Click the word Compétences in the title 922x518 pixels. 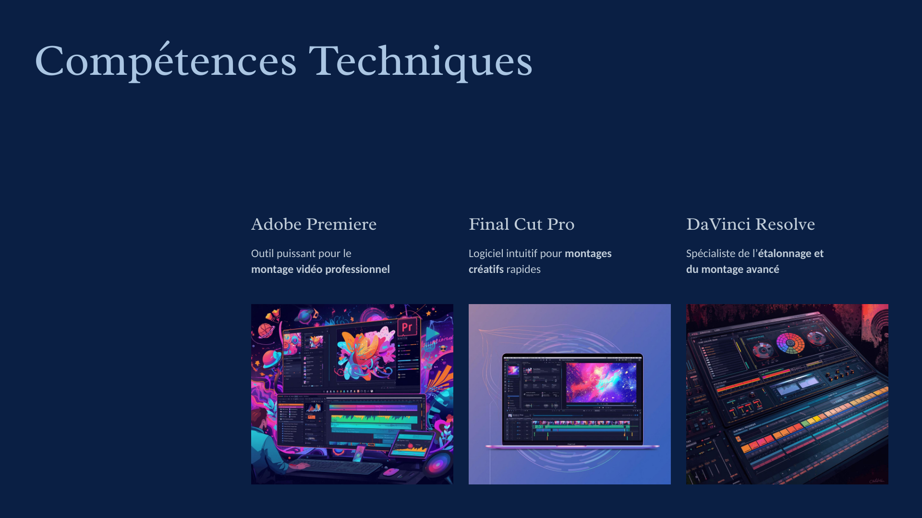[166, 61]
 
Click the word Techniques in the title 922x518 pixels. [421, 61]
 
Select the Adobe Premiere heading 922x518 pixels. [314, 224]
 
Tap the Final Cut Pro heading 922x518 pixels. [522, 224]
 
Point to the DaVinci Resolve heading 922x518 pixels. [751, 224]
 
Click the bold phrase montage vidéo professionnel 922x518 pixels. [320, 269]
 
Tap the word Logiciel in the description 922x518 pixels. [486, 253]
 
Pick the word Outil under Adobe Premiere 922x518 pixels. [262, 253]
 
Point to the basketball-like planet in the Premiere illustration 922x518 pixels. [266, 330]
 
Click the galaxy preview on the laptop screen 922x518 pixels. [601, 382]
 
